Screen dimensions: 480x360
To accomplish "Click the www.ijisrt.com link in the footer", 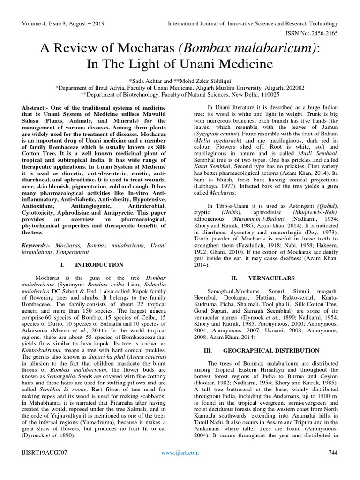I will click(x=180, y=452).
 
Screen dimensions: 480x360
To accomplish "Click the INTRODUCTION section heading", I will click(x=99, y=265).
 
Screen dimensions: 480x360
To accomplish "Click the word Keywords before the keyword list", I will click(x=36, y=245).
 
